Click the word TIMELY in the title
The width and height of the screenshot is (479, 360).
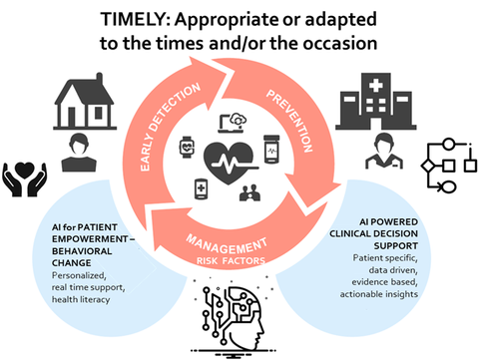136,19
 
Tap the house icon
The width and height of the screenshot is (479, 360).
85,102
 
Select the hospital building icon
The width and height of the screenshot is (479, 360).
376,102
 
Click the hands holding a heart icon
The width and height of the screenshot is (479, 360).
25,179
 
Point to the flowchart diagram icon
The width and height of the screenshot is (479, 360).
449,166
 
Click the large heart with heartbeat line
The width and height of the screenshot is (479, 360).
230,163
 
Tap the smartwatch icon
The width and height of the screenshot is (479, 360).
187,147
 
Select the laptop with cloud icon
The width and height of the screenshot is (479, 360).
233,123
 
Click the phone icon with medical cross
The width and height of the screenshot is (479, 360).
201,189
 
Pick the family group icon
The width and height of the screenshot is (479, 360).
249,192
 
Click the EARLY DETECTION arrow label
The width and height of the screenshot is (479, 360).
170,127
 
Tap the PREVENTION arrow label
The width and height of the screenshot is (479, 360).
289,121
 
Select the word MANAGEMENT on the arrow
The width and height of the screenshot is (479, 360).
227,245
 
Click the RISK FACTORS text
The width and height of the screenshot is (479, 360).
231,261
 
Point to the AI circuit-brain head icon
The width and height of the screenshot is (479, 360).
234,316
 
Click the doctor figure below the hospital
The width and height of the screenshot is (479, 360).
384,152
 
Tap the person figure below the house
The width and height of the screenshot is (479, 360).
79,153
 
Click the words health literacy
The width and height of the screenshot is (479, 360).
81,299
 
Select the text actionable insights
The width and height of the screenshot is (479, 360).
379,294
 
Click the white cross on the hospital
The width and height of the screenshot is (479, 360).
376,86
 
